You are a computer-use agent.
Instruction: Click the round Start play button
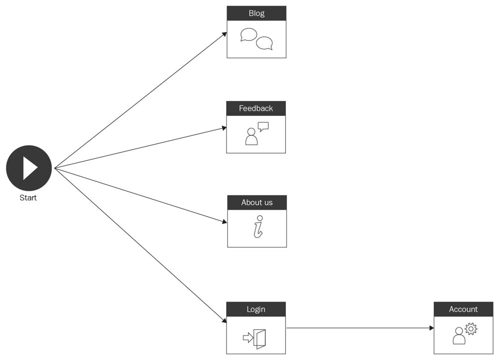coord(29,168)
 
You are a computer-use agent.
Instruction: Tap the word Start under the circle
coord(28,198)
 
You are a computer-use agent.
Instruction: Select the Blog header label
coord(256,13)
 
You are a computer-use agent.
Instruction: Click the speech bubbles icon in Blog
coord(256,39)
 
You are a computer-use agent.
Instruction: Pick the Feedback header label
coord(256,108)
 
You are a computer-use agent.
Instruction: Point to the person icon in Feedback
coord(251,137)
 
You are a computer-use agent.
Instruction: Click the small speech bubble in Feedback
coord(263,126)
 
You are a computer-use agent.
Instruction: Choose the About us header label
coord(257,202)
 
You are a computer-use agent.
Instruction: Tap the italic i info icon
coord(258,227)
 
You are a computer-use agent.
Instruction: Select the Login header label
coord(256,309)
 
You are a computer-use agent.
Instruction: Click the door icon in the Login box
coord(259,338)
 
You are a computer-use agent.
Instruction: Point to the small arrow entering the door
coord(248,338)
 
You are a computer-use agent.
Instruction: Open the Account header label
coord(464,309)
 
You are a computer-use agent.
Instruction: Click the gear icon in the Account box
coord(471,329)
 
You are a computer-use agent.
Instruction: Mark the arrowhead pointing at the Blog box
coord(224,34)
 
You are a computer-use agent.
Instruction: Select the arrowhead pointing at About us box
coord(224,222)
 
